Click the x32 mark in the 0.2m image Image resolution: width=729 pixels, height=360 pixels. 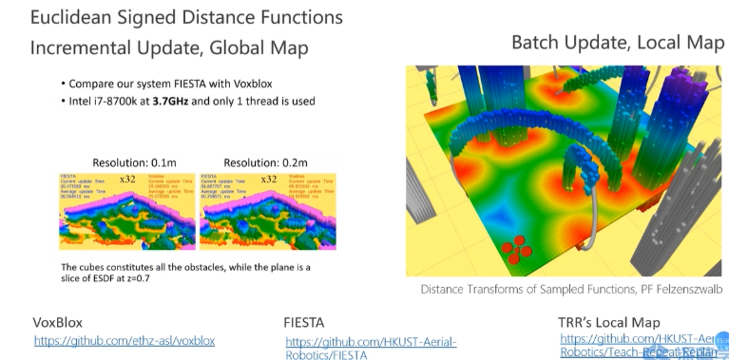tap(269, 179)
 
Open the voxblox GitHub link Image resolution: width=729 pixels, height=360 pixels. tap(125, 340)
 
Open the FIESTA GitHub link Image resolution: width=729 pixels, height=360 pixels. tap(371, 342)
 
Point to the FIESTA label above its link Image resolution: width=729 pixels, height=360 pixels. tap(307, 322)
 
